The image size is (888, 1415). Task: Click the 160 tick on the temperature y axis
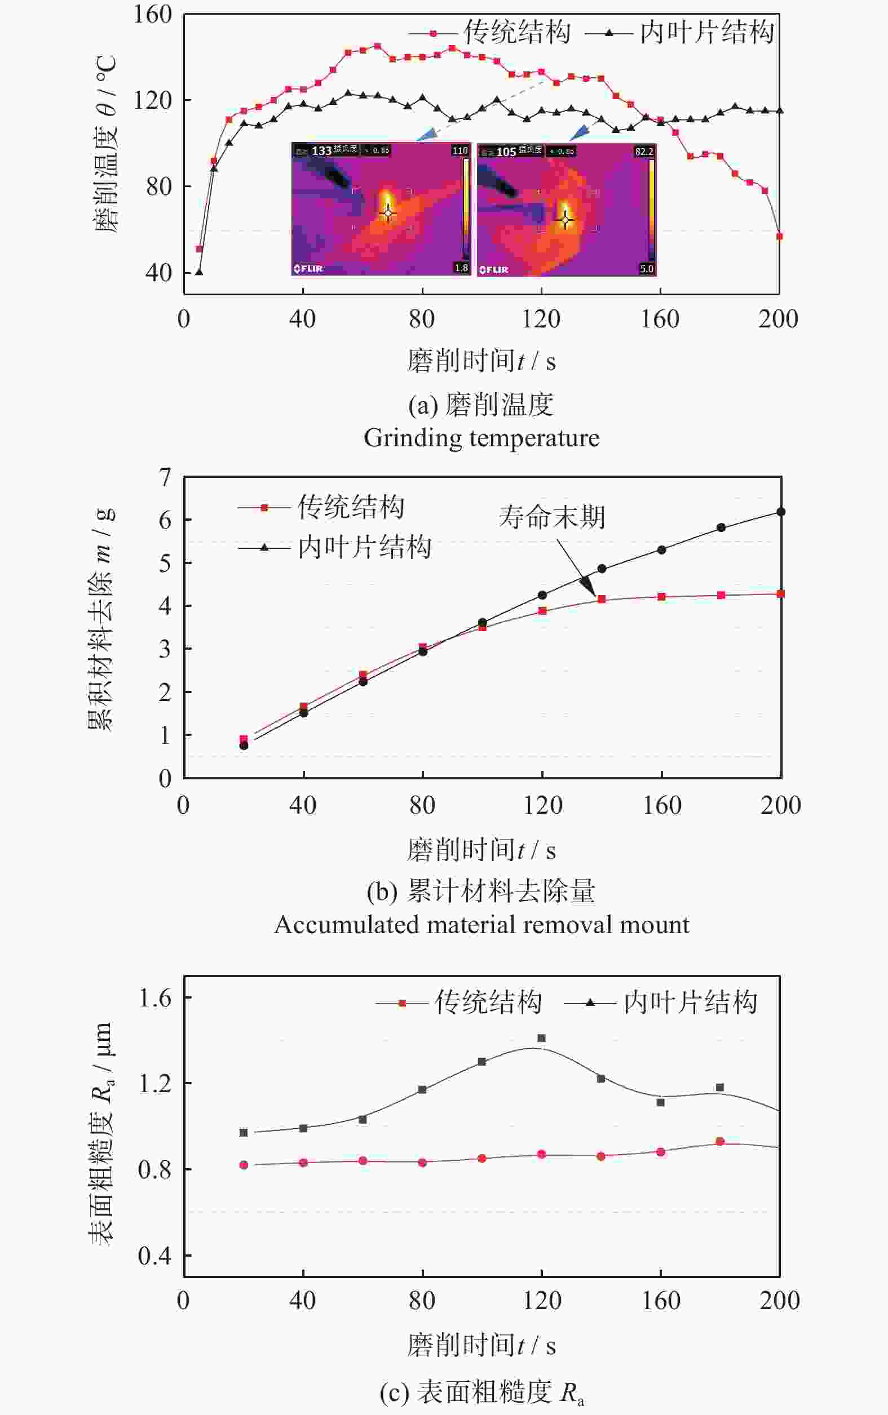(152, 14)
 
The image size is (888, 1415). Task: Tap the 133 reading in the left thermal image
(321, 151)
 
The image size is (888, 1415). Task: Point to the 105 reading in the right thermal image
(506, 152)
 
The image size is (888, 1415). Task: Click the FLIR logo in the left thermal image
(308, 269)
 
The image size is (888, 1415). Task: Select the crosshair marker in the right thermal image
(566, 220)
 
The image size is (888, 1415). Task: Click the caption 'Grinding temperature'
(481, 438)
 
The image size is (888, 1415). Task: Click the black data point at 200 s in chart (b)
(780, 512)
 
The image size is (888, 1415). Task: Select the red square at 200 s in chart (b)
(780, 594)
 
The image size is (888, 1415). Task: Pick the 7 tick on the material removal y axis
(165, 477)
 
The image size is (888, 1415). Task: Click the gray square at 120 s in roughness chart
(541, 1038)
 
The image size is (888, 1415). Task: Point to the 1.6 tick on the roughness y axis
(154, 999)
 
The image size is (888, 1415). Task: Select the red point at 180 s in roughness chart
(720, 1142)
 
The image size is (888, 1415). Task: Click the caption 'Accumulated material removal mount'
(481, 925)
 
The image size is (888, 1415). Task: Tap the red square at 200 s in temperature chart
(779, 237)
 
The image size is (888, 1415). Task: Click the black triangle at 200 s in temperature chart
(779, 110)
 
